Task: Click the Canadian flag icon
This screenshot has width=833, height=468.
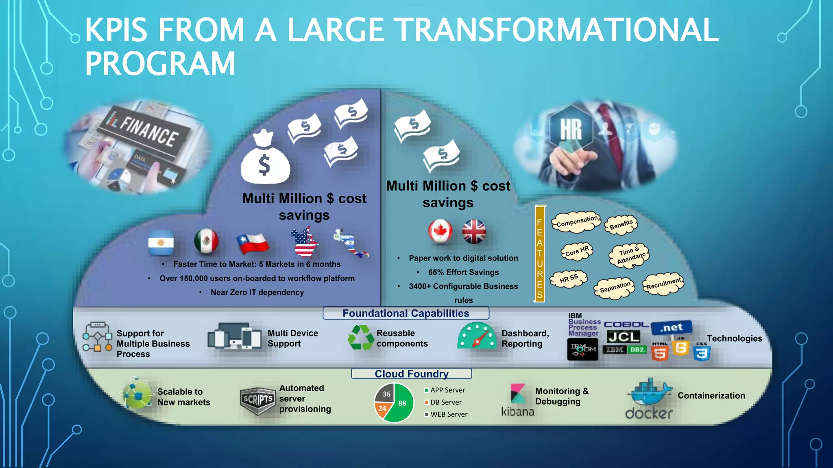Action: pos(440,232)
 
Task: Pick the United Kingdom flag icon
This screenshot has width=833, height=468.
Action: pos(474,232)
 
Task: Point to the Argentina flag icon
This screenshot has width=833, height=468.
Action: pos(161,243)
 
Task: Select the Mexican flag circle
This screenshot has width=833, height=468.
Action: pos(206,241)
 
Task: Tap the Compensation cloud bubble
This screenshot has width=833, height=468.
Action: pos(576,222)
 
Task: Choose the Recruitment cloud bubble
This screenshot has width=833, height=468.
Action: pos(663,284)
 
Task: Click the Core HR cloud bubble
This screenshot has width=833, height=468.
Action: pos(577,251)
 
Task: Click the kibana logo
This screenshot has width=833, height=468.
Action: pos(517,400)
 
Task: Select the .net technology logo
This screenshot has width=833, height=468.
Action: pos(672,327)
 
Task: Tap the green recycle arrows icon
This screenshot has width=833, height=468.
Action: pos(360,338)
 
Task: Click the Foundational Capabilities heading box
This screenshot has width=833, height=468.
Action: pos(406,313)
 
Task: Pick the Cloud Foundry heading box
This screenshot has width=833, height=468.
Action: pos(411,374)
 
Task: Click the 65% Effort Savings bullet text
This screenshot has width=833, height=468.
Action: pos(463,272)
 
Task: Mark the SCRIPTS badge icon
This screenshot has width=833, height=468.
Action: pos(257,400)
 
